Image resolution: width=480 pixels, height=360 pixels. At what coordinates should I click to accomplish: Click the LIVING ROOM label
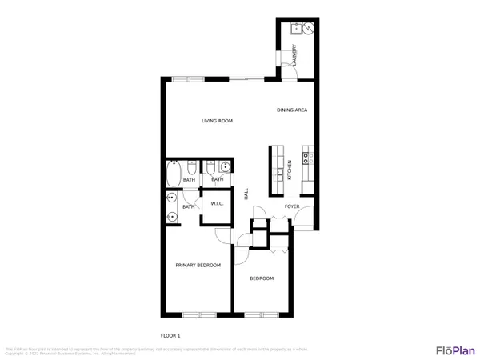[x=217, y=121]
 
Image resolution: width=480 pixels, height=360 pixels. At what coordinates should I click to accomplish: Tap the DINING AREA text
[x=292, y=110]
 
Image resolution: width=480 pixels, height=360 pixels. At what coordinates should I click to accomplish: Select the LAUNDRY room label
[x=294, y=56]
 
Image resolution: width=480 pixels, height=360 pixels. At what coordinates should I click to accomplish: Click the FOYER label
[x=292, y=206]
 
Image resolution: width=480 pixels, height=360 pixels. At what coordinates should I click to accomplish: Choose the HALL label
[x=246, y=195]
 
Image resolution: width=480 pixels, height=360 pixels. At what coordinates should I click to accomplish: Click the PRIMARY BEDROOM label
[x=198, y=265]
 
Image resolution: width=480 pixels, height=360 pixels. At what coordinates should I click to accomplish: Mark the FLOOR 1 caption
[x=171, y=334]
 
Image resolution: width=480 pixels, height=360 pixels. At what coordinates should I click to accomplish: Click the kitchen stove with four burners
[x=308, y=156]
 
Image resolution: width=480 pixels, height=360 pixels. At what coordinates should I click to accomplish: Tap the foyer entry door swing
[x=305, y=221]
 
